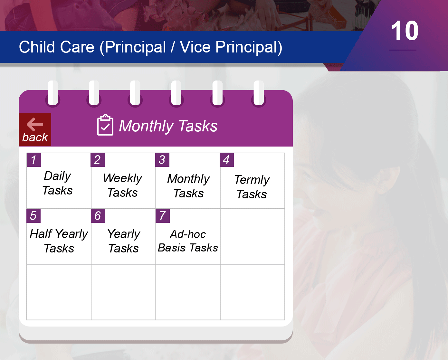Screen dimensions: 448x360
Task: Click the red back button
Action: pyautogui.click(x=35, y=129)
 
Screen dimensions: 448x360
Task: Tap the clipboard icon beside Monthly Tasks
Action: pyautogui.click(x=105, y=125)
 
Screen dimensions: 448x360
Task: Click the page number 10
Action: pyautogui.click(x=405, y=31)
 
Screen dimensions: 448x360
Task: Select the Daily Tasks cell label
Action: pyautogui.click(x=57, y=183)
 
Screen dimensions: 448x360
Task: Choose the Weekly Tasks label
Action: pyautogui.click(x=123, y=185)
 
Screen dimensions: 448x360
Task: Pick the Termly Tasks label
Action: pyautogui.click(x=252, y=187)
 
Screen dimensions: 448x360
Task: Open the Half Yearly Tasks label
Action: pyautogui.click(x=59, y=241)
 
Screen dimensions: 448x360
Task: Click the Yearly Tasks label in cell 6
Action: pyautogui.click(x=124, y=241)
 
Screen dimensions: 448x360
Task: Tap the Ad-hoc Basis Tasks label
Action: pyautogui.click(x=188, y=241)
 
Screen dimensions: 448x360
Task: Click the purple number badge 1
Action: pyautogui.click(x=34, y=160)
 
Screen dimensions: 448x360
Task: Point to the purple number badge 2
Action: pyautogui.click(x=98, y=160)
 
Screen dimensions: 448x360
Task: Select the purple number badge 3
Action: pyautogui.click(x=162, y=160)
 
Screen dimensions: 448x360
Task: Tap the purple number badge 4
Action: pyautogui.click(x=227, y=160)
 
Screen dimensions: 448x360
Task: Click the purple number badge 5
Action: pyautogui.click(x=33, y=216)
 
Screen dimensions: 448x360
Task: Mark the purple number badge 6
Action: pyautogui.click(x=98, y=216)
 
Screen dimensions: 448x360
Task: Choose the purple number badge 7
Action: pyautogui.click(x=163, y=216)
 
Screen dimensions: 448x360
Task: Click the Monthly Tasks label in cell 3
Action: pyautogui.click(x=189, y=186)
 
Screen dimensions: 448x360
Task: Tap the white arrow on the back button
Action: pyautogui.click(x=35, y=124)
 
